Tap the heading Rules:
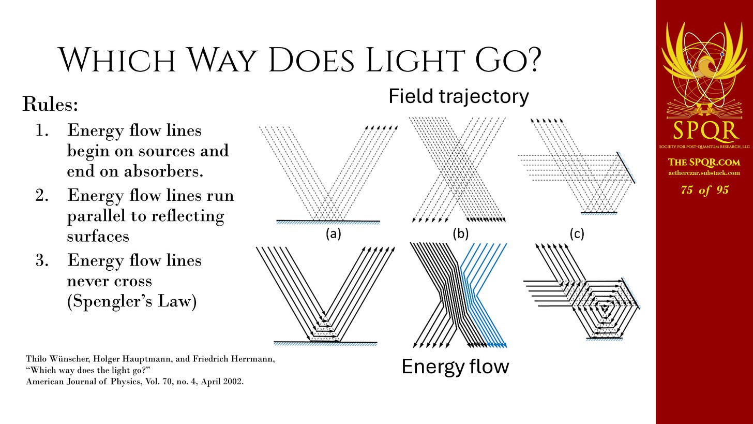click(x=50, y=104)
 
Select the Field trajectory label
click(x=459, y=97)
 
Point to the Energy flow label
click(x=455, y=366)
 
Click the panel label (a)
click(x=334, y=233)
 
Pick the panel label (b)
click(x=460, y=233)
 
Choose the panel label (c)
click(x=577, y=233)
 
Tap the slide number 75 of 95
click(x=704, y=190)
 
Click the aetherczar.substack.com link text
click(x=704, y=173)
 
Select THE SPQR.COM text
click(x=704, y=162)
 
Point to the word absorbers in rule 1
click(x=163, y=171)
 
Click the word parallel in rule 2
click(x=96, y=216)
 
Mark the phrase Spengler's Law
click(x=132, y=301)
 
